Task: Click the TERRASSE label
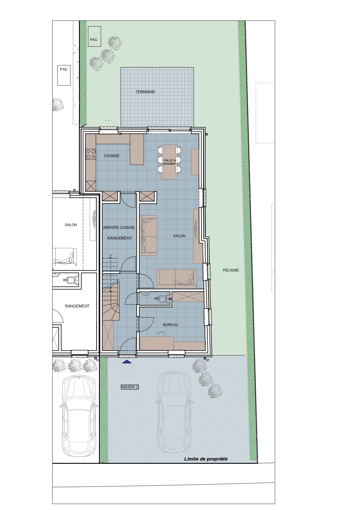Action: tap(145, 92)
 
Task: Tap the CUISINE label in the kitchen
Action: tap(112, 156)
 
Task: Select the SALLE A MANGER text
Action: tap(170, 162)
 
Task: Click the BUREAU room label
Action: tap(170, 325)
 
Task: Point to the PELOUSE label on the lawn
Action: tap(231, 270)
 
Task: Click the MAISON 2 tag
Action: tap(130, 387)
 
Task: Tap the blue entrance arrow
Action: tap(127, 362)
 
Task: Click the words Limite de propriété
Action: tap(206, 459)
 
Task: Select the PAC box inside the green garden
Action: tap(94, 36)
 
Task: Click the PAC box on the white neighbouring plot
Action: tap(64, 75)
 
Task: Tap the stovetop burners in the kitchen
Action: tap(91, 154)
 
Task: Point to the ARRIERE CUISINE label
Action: tap(119, 227)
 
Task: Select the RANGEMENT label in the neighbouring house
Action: tap(77, 306)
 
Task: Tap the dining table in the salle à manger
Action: tap(170, 162)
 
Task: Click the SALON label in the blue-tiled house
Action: tap(179, 236)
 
